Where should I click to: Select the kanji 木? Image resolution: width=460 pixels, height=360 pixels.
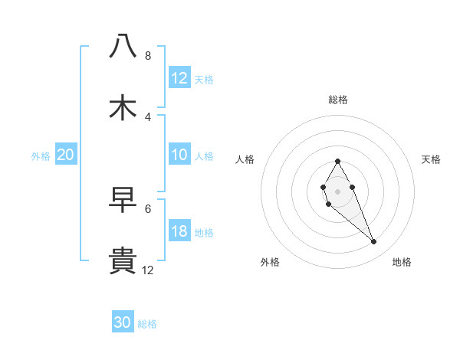[123, 107]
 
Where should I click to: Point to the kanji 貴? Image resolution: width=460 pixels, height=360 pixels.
[123, 261]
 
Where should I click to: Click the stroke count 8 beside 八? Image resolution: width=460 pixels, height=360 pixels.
[147, 56]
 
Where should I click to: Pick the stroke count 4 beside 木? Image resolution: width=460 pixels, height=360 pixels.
[147, 116]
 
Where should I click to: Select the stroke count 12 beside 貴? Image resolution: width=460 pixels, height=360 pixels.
[147, 270]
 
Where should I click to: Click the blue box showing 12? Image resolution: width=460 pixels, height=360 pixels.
[179, 78]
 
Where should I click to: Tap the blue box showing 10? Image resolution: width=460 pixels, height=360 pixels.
[179, 155]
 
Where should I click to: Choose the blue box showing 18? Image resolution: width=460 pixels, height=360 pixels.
[179, 231]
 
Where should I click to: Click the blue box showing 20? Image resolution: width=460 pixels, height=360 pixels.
[66, 155]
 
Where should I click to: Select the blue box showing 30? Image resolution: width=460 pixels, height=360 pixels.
[123, 322]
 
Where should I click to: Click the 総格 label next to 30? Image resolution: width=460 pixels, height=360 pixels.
[147, 324]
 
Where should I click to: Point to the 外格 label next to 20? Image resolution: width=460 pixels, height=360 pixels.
[41, 156]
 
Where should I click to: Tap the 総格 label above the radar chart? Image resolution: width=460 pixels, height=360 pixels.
[337, 100]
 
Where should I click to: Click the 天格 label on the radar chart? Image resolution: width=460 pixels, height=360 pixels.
[431, 159]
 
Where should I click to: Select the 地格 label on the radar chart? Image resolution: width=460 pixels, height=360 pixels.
[402, 262]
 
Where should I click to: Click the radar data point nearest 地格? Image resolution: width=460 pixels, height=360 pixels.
[374, 242]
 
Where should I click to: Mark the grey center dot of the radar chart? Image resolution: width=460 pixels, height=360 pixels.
[337, 191]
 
